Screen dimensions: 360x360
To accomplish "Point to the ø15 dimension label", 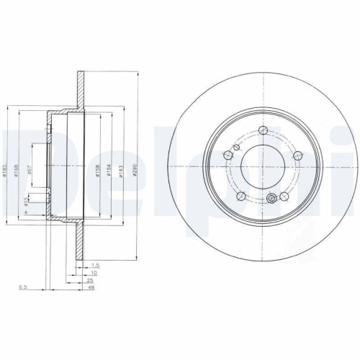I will [x=27, y=199].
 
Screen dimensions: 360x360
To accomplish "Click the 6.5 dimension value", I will [x=24, y=288].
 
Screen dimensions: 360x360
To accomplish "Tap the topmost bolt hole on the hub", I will [x=263, y=130].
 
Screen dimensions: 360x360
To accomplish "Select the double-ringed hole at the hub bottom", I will [x=271, y=199].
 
